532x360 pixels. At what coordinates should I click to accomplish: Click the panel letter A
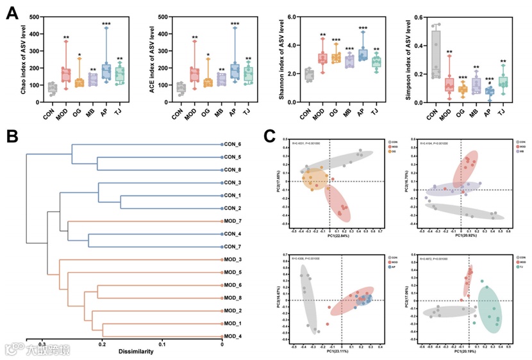pos(12,12)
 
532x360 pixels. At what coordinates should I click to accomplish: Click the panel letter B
pos(12,136)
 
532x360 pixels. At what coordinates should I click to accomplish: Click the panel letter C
pos(270,136)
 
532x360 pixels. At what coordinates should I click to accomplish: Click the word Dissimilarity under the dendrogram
pos(137,351)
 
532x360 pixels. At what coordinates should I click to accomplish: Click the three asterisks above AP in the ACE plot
pos(235,24)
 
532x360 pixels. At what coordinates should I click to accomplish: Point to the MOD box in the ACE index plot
pos(195,75)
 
